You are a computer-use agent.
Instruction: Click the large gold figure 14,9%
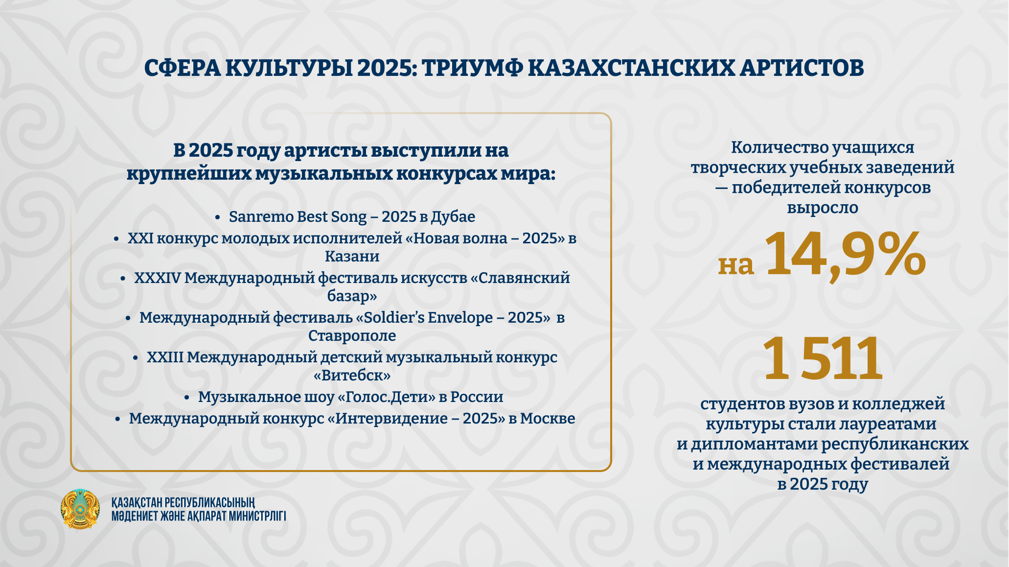(x=845, y=256)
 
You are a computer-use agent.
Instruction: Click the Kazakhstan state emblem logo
(x=80, y=509)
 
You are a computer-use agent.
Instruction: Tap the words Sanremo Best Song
(x=298, y=216)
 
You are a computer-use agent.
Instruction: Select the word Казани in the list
(x=352, y=256)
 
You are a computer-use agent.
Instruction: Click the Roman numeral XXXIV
(x=158, y=278)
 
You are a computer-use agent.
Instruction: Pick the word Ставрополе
(x=352, y=335)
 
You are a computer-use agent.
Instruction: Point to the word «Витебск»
(x=352, y=375)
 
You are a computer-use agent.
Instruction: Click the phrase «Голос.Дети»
(x=386, y=397)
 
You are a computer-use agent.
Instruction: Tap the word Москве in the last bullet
(x=547, y=418)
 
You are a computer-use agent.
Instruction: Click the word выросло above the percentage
(x=822, y=207)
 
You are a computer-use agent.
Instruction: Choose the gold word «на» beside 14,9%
(x=735, y=265)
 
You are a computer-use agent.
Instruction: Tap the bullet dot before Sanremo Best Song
(x=217, y=217)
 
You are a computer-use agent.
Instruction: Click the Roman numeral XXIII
(x=165, y=357)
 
